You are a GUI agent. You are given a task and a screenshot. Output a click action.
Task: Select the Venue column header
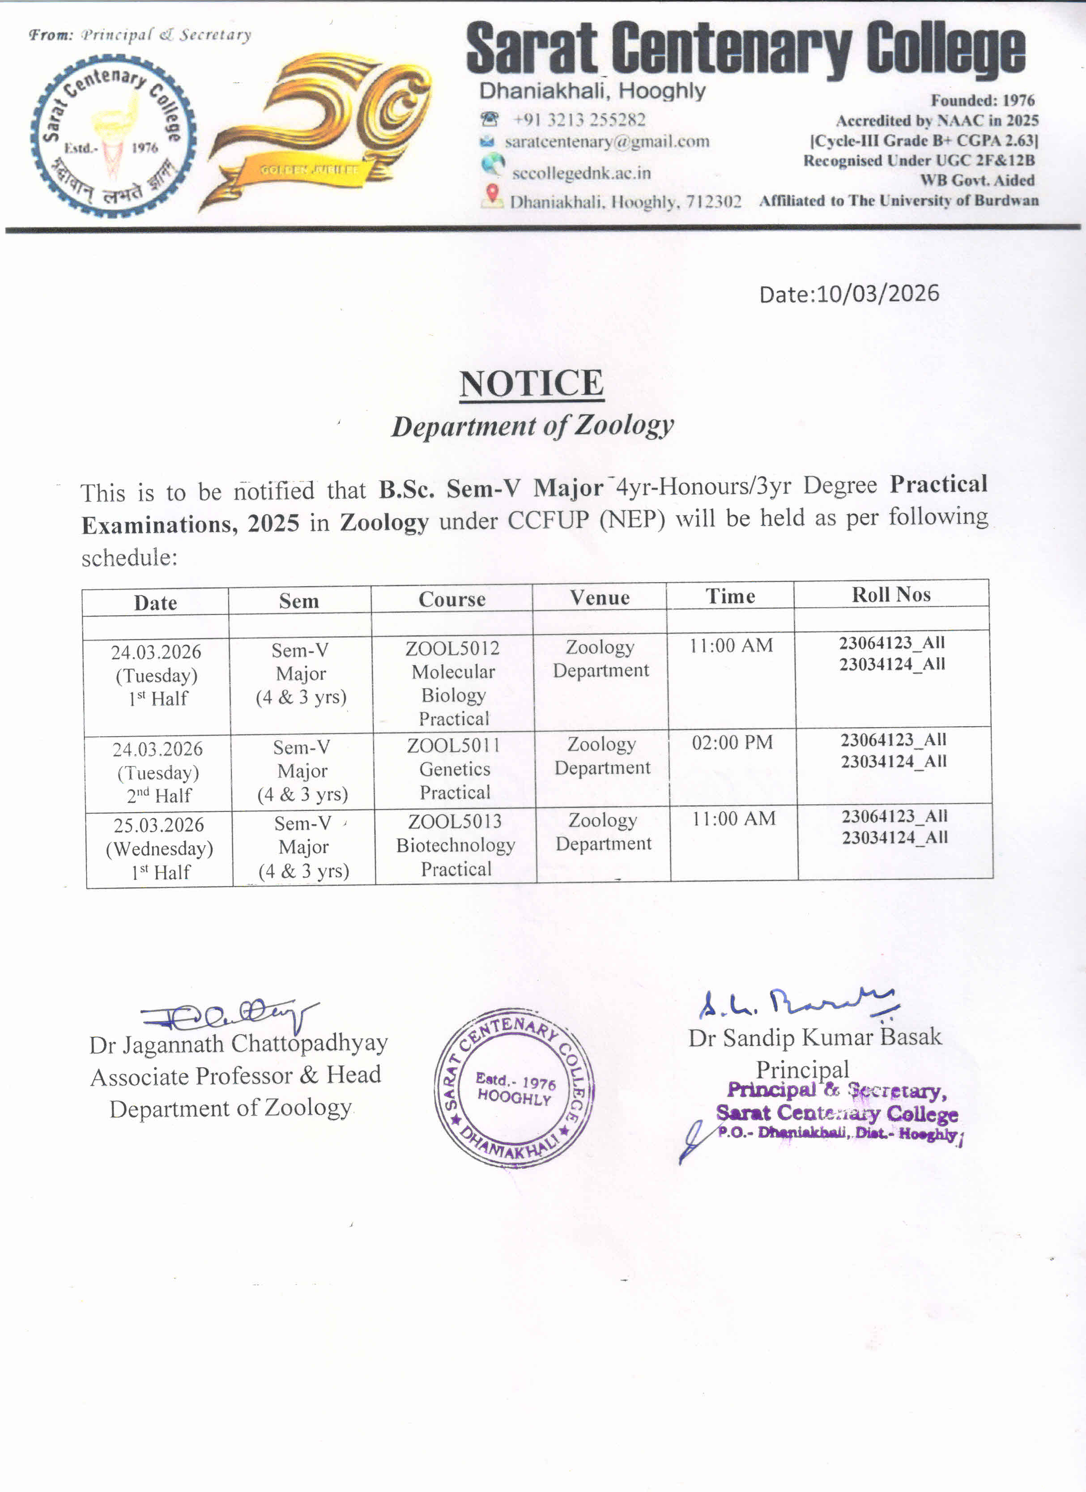[x=599, y=597]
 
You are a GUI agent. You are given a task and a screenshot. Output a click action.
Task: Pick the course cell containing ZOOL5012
[x=453, y=683]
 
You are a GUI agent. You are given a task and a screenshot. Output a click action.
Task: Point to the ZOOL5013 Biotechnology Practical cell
[x=456, y=845]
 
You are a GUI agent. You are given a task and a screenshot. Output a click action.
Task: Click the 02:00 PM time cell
[x=732, y=743]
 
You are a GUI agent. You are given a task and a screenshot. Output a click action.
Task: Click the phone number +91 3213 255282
[x=579, y=120]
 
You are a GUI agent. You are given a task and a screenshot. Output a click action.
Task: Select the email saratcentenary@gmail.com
[x=606, y=141]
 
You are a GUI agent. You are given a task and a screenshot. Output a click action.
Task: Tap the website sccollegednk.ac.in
[x=581, y=173]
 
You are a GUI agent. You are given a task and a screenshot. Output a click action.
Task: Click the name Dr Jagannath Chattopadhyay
[x=238, y=1043]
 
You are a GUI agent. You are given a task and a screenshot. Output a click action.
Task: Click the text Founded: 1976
[x=982, y=101]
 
